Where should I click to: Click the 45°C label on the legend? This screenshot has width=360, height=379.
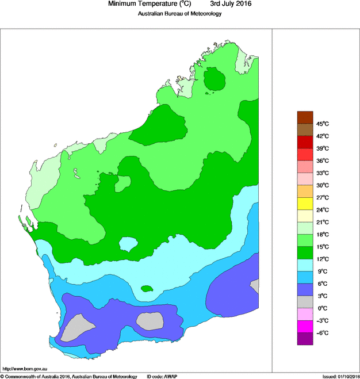point(321,124)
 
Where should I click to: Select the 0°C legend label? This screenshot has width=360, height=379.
point(321,308)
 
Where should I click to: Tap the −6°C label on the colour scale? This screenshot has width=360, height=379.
point(321,333)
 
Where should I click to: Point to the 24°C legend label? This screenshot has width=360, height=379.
point(321,210)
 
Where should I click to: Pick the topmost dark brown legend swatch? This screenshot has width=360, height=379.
point(305,117)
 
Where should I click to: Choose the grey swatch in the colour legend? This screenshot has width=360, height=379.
point(305,302)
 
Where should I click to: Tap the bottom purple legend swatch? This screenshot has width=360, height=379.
point(305,339)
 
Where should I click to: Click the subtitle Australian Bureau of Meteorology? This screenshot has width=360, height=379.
point(179,14)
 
